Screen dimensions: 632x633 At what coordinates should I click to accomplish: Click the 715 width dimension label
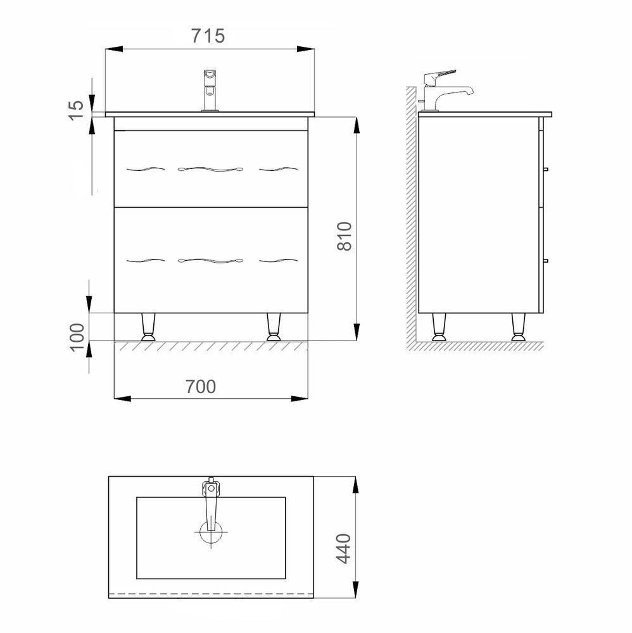tap(208, 36)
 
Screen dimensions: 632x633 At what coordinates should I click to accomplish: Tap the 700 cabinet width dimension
tap(201, 387)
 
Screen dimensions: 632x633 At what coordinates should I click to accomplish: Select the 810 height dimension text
tap(344, 236)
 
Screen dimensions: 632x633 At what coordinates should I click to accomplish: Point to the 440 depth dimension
tap(343, 548)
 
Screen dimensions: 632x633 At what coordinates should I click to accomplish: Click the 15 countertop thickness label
tap(76, 110)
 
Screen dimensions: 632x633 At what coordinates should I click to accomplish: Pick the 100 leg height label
tap(77, 337)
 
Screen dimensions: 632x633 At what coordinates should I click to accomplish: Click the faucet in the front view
tap(210, 91)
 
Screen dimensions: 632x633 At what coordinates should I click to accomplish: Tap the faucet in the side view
tap(444, 91)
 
